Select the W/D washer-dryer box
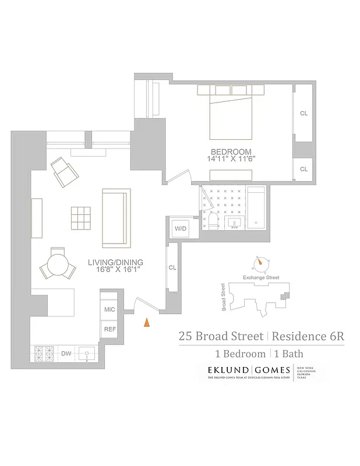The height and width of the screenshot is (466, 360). (x=181, y=229)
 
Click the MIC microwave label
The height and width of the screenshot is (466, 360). (x=110, y=309)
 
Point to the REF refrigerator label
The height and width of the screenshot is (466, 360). (x=110, y=329)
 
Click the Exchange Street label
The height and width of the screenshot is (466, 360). (x=261, y=278)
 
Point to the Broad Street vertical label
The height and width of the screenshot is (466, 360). (x=223, y=297)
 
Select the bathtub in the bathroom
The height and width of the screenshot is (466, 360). (x=256, y=207)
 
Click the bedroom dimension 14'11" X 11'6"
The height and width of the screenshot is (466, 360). (x=231, y=158)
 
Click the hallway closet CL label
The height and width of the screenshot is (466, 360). (x=172, y=267)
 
